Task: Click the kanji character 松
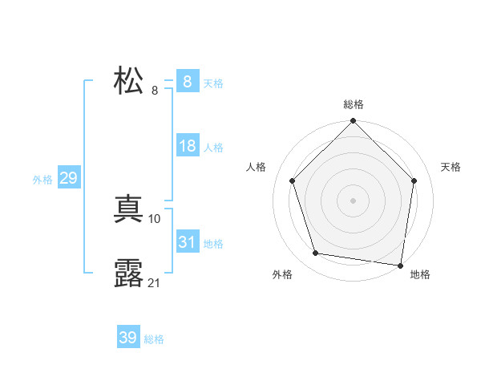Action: [x=129, y=82]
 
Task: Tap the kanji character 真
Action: [x=129, y=210]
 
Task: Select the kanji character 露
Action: [x=129, y=274]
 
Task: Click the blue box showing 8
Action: [x=187, y=82]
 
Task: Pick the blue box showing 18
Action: [x=187, y=147]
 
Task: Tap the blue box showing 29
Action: [x=68, y=178]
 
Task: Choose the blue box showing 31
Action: [x=187, y=242]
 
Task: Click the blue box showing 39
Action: [x=128, y=338]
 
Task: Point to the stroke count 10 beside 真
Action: [x=155, y=218]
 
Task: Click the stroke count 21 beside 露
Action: [x=155, y=282]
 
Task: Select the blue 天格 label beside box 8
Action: [x=213, y=83]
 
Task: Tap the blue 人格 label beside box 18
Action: [x=213, y=148]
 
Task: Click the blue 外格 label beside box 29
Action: [x=42, y=180]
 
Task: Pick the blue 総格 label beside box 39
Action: [x=154, y=339]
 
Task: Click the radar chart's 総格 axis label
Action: [x=353, y=104]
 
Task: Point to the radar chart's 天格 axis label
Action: [x=451, y=167]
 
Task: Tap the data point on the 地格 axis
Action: [x=400, y=265]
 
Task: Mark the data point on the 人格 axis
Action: [x=292, y=180]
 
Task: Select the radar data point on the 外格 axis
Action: [x=316, y=253]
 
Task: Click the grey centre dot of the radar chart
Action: [x=353, y=200]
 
